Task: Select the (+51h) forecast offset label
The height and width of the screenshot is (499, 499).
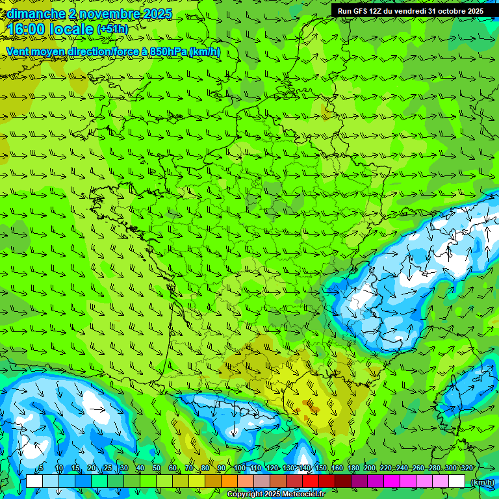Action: coord(112,29)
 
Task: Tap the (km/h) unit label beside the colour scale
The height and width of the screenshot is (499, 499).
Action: coord(481,482)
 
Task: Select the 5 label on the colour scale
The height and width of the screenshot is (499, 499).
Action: coord(41,468)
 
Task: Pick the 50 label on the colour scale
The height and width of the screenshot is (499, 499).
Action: coord(156,468)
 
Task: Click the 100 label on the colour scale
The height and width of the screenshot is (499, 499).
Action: coord(239,468)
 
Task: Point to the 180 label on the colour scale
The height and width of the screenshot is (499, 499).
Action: coord(353,468)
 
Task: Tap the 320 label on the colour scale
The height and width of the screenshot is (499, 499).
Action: coord(467,468)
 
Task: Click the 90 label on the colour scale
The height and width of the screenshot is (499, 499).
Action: coord(222,468)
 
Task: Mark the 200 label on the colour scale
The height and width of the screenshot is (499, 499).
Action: coord(369,468)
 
